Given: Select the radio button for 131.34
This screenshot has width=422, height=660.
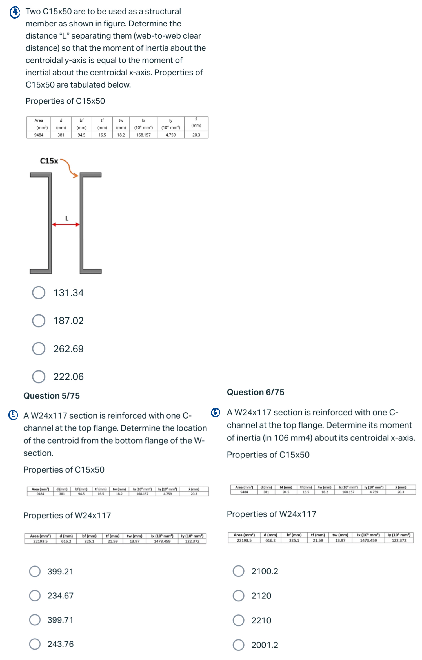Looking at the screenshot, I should pyautogui.click(x=39, y=293).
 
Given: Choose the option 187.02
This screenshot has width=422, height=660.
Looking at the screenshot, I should pyautogui.click(x=39, y=321).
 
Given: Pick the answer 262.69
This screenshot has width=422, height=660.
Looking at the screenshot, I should pyautogui.click(x=39, y=348).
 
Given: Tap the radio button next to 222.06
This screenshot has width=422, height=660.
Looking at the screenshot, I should pyautogui.click(x=39, y=377).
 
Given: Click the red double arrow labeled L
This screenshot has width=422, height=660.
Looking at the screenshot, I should pyautogui.click(x=66, y=224).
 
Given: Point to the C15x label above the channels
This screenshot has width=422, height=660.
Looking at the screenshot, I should pyautogui.click(x=49, y=161).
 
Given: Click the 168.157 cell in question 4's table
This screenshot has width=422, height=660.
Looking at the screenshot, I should pyautogui.click(x=143, y=135).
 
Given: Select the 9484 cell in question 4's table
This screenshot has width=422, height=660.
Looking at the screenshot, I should pyautogui.click(x=39, y=135).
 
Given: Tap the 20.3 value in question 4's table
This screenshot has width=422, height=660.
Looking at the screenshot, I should pyautogui.click(x=196, y=135).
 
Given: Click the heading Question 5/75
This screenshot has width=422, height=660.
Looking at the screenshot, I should pyautogui.click(x=52, y=396).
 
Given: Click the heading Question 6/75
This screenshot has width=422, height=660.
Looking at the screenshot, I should pyautogui.click(x=256, y=392).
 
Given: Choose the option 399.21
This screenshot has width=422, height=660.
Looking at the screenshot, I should pyautogui.click(x=35, y=571).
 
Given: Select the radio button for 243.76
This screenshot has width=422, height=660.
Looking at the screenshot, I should pyautogui.click(x=35, y=644).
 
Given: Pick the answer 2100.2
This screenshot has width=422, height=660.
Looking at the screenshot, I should pyautogui.click(x=238, y=571).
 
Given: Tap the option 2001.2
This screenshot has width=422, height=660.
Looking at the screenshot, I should pyautogui.click(x=238, y=645).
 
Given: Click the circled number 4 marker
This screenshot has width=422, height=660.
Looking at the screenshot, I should pyautogui.click(x=15, y=12).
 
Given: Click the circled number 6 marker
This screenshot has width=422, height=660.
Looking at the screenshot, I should pyautogui.click(x=216, y=412).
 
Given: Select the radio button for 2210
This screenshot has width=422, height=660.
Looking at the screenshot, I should pyautogui.click(x=238, y=620).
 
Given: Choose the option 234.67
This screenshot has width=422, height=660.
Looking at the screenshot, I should pyautogui.click(x=35, y=596).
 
